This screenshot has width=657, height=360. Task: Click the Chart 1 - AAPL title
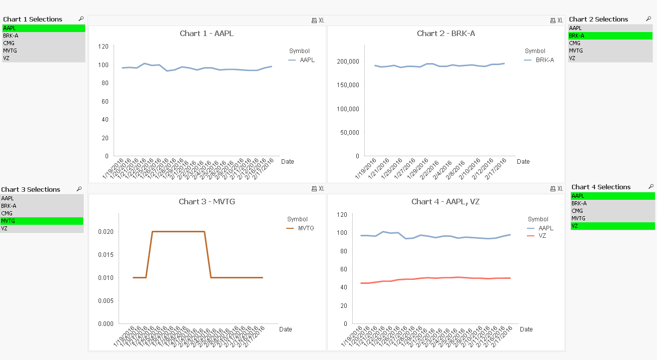[x=207, y=34]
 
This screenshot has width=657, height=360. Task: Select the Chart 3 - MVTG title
[x=207, y=202]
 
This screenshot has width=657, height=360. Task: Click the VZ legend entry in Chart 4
[x=542, y=236]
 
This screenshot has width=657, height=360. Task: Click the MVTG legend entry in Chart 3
[x=305, y=228]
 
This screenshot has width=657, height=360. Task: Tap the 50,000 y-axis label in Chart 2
[x=348, y=133]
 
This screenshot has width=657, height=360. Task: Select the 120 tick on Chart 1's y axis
[x=103, y=47]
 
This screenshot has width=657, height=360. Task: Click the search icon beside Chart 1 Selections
[x=81, y=19]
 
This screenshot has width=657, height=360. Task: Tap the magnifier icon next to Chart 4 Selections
[x=650, y=186]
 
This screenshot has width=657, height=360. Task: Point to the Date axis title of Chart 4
[x=526, y=329]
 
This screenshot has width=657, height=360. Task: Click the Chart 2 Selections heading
[x=598, y=19]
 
